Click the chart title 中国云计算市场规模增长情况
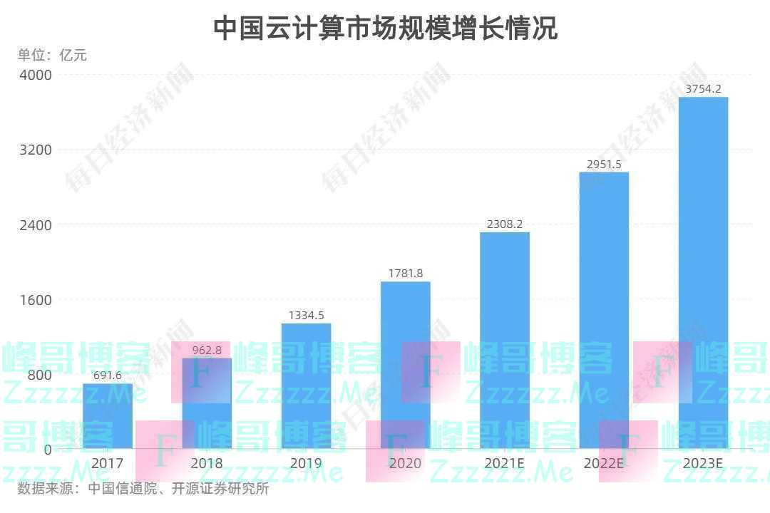click(x=385, y=28)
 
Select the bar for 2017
click(x=108, y=416)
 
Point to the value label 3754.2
click(x=703, y=89)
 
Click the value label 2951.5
click(x=604, y=165)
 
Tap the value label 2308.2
click(x=505, y=224)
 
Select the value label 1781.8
click(x=405, y=273)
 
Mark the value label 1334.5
click(x=306, y=315)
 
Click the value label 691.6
click(x=108, y=375)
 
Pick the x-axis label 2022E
click(x=604, y=464)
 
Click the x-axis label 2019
click(x=306, y=464)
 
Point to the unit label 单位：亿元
click(x=52, y=55)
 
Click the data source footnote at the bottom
click(x=143, y=489)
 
